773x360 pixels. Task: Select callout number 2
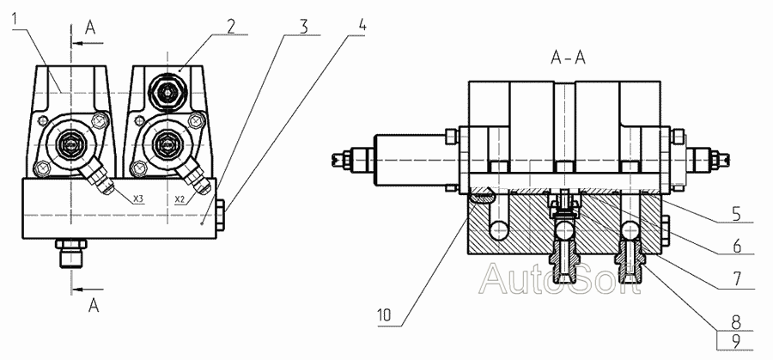pyautogui.click(x=231, y=27)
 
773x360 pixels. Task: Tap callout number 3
pyautogui.click(x=304, y=27)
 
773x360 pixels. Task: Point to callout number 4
pyautogui.click(x=362, y=26)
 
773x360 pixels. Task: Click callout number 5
pyautogui.click(x=737, y=216)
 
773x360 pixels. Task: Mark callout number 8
pyautogui.click(x=737, y=322)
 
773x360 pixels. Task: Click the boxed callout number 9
pyautogui.click(x=736, y=341)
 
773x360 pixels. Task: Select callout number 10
pyautogui.click(x=386, y=315)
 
